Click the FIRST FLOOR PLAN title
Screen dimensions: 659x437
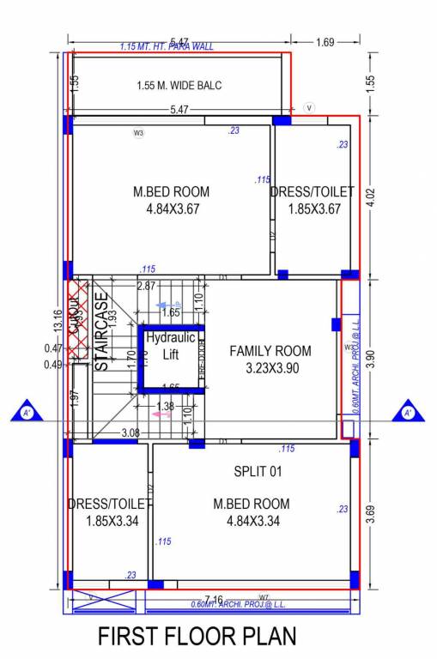[197, 637]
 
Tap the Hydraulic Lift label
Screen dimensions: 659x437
[171, 346]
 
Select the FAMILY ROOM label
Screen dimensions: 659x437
[270, 351]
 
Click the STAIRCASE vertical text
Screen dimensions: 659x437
[101, 332]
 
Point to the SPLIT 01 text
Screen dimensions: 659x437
[258, 471]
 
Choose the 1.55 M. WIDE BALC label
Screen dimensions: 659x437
[179, 86]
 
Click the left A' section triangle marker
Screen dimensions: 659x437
[27, 413]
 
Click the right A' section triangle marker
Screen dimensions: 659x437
[408, 413]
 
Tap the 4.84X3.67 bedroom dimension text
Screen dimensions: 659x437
[171, 209]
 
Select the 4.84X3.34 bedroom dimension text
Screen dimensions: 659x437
[252, 521]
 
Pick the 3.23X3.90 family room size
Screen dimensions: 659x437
[270, 370]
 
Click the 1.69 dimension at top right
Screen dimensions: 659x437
[325, 41]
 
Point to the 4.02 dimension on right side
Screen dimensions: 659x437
[370, 196]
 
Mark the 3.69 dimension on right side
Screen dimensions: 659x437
[370, 513]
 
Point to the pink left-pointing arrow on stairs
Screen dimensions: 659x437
[161, 414]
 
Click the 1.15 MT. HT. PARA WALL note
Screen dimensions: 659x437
[167, 46]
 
